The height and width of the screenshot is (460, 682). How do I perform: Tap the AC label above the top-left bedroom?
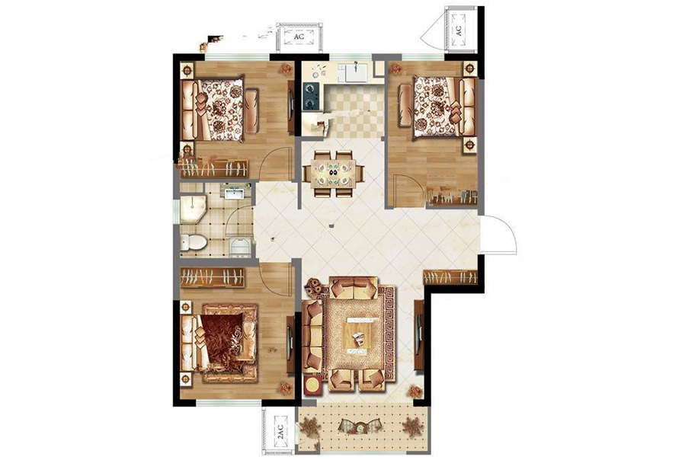pos(299,37)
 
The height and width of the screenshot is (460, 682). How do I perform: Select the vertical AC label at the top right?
pos(458,30)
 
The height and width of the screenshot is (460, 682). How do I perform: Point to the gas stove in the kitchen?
pos(310,96)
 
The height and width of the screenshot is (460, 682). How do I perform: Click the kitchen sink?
pos(357,72)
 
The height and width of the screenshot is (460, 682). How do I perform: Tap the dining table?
pos(334,173)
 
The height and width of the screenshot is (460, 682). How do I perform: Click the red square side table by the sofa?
pos(312,384)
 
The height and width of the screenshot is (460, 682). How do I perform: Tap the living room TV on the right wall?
pos(419,335)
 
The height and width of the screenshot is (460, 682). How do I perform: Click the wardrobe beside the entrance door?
pos(450,277)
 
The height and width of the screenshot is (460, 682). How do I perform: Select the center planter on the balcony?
pos(360,425)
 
